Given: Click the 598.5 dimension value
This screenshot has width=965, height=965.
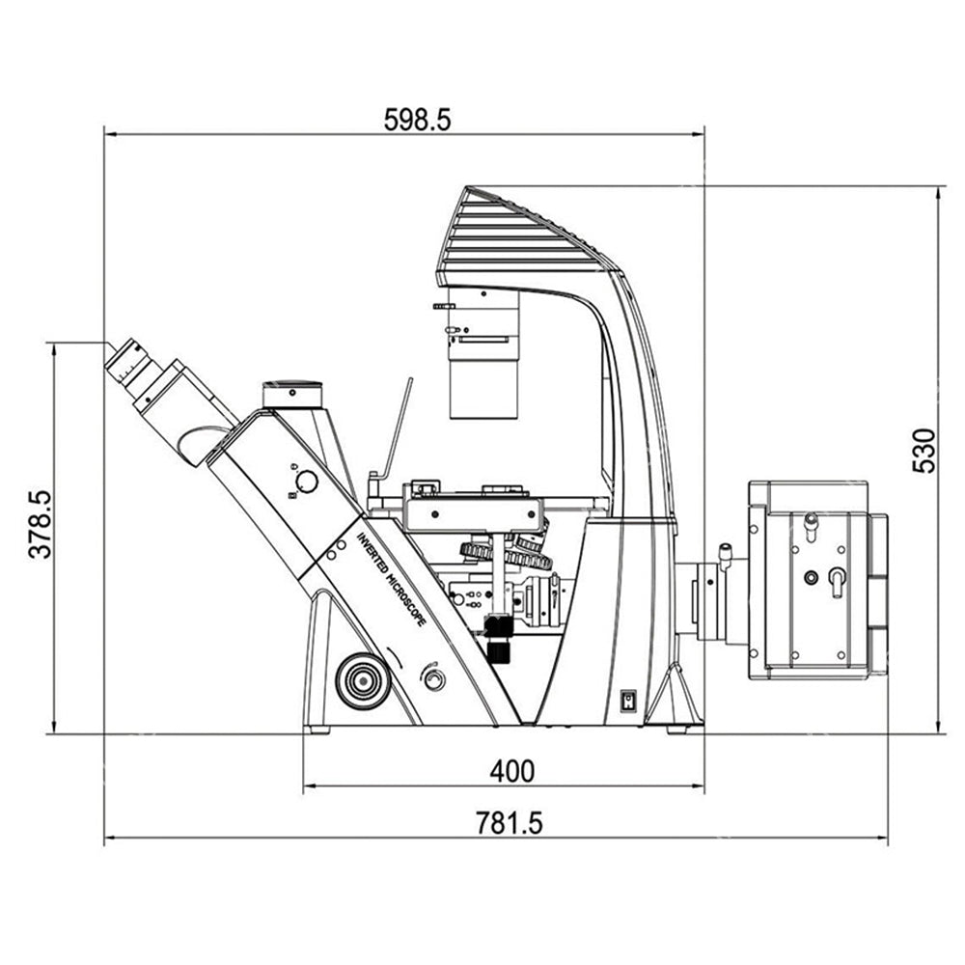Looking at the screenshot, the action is pos(417,120).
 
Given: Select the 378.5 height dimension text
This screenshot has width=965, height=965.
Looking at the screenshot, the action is pos(41,524).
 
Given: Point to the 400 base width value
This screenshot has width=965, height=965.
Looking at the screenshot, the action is pos(512,771).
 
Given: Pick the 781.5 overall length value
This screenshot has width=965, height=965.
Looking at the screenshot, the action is pos(509,823).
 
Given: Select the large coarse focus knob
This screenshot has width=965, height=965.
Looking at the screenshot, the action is pos(363,680).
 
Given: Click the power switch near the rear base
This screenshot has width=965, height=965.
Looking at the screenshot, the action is pos(626,702).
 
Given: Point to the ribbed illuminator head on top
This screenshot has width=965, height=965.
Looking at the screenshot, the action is pos(528,237).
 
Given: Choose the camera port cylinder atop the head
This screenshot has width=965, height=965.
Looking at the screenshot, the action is pos(292,395).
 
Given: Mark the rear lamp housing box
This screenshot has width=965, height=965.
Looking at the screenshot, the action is pos(818,580).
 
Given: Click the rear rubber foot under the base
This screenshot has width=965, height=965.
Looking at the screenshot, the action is pos(677,730).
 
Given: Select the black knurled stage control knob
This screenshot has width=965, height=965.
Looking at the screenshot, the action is pos(499,638).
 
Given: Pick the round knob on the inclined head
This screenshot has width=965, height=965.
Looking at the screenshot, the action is pos(306,482).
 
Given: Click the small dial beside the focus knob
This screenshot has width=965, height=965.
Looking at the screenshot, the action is pos(434,679).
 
